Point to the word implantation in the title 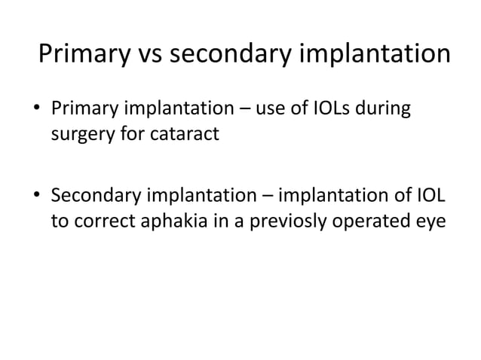pyautogui.click(x=382, y=56)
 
